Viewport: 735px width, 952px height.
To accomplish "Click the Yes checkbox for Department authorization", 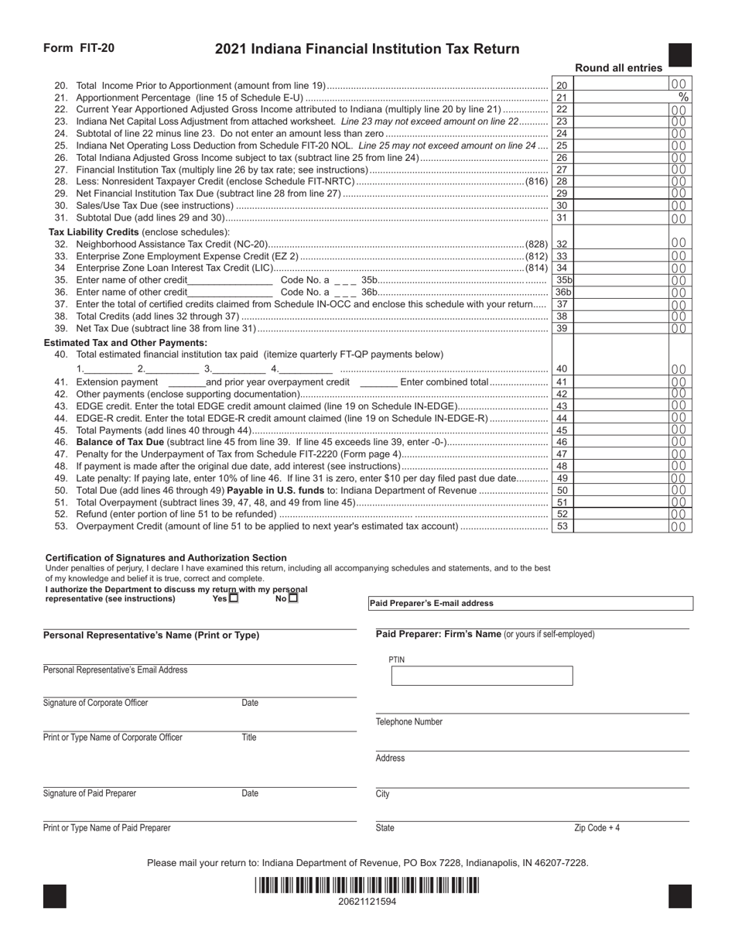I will click(234, 598).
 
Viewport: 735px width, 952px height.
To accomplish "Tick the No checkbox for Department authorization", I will click(292, 598).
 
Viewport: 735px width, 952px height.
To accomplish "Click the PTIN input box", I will click(482, 676).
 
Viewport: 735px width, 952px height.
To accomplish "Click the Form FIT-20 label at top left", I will click(79, 48).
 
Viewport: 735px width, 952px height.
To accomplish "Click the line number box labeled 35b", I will click(563, 280).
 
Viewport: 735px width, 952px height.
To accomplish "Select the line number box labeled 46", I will click(562, 442).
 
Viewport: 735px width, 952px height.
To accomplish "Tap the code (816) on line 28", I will click(536, 182).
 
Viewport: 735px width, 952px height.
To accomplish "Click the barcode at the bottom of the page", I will click(367, 885).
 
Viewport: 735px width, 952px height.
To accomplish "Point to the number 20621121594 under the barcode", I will click(367, 902).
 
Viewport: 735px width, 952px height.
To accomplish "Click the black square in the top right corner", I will click(679, 56).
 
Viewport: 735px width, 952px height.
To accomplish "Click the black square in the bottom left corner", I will click(55, 896).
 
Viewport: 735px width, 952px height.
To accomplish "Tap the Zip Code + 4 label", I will click(597, 828).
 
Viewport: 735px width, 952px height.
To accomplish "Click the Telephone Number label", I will click(409, 722).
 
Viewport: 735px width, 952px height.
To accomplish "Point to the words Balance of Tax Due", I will click(120, 442).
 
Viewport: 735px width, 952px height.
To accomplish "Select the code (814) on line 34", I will click(536, 268).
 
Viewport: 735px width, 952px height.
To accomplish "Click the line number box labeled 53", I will click(562, 527).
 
